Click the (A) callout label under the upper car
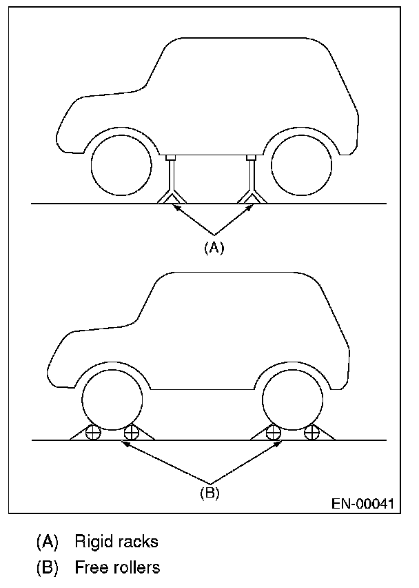(x=214, y=248)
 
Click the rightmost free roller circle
(x=312, y=433)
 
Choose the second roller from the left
(x=131, y=433)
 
